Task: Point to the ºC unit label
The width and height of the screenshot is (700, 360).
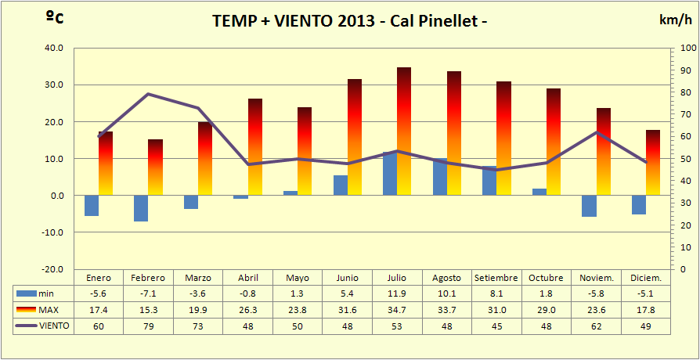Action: [x=54, y=18]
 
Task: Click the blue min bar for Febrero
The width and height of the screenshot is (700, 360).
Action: [x=141, y=208]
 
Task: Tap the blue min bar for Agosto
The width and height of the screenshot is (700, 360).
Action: [x=440, y=177]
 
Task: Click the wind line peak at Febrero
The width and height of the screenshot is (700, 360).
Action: [x=148, y=94]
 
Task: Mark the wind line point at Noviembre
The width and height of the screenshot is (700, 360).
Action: [x=597, y=131]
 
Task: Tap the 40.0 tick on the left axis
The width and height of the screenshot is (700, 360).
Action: [x=54, y=48]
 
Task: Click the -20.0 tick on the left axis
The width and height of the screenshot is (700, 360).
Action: [x=52, y=269]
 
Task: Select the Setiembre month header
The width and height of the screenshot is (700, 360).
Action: [x=496, y=278]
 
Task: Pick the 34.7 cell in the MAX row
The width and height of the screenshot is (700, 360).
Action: [x=397, y=310]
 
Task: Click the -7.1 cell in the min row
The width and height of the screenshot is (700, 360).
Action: [x=148, y=293]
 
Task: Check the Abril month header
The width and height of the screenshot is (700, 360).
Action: [x=247, y=278]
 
